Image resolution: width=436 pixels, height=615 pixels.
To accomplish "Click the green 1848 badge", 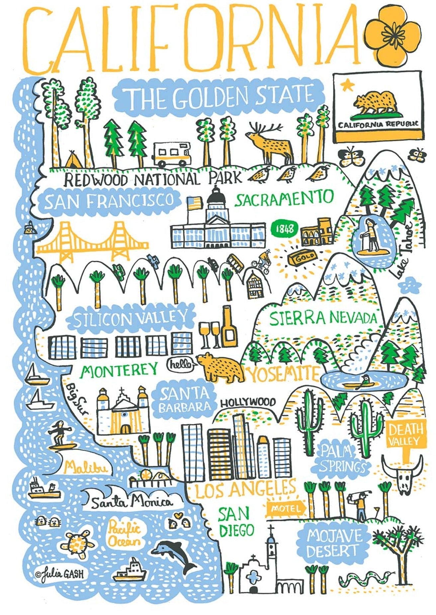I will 285,229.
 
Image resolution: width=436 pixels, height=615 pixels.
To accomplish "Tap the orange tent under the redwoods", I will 72,161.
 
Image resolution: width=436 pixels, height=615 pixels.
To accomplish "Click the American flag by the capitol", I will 195,202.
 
